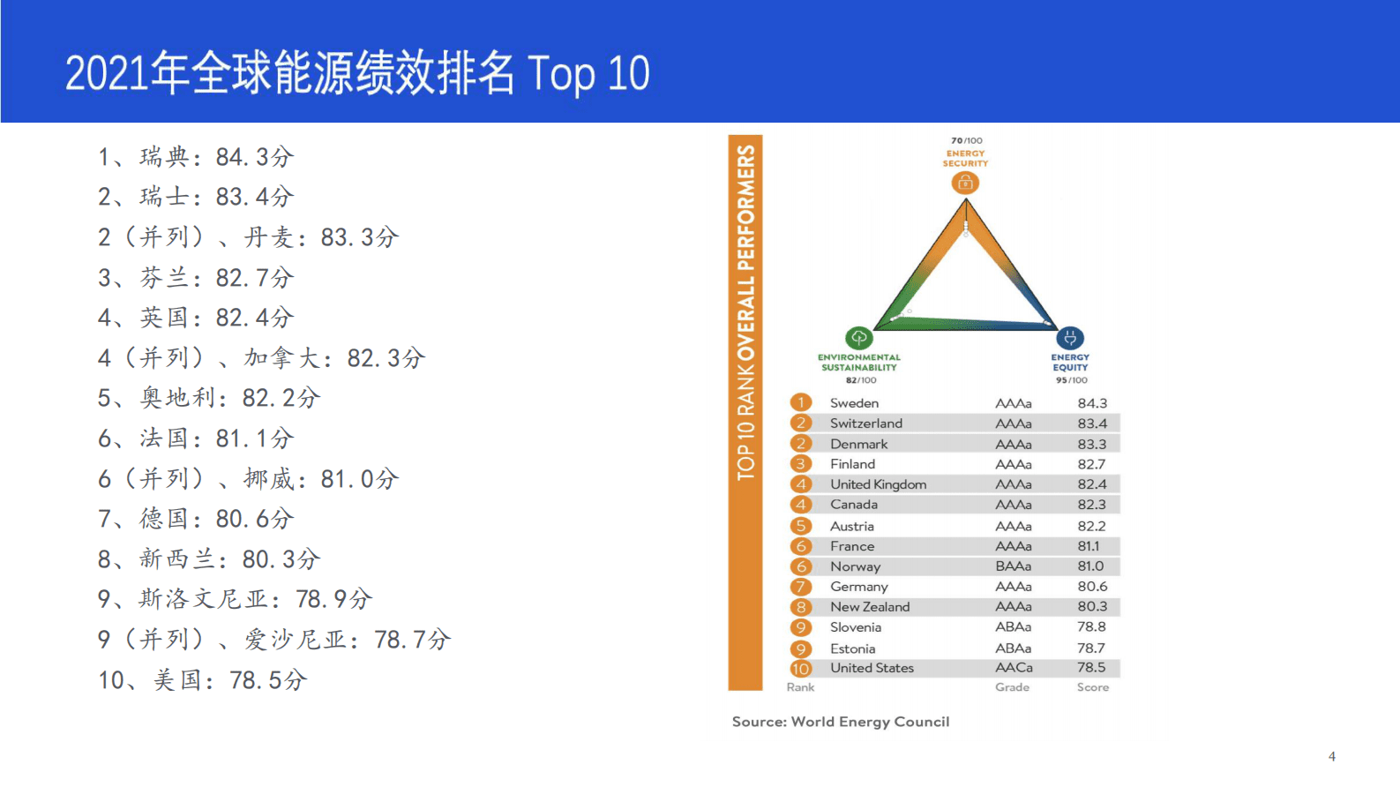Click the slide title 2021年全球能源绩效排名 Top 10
click(357, 72)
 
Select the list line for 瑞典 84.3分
click(195, 157)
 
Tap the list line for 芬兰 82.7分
click(195, 278)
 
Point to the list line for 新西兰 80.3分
click(208, 559)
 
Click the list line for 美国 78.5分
click(202, 680)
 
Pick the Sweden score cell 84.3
click(1092, 403)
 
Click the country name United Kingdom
click(878, 484)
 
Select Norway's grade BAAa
click(1013, 566)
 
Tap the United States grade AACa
click(1014, 668)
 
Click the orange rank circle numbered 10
click(800, 669)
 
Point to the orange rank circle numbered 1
click(800, 403)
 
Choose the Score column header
click(1092, 687)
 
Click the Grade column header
click(1012, 687)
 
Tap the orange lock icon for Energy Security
click(965, 183)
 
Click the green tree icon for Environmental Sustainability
click(858, 338)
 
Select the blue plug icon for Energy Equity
click(1070, 338)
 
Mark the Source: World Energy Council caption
click(841, 722)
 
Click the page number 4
click(1331, 756)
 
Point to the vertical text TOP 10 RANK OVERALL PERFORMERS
click(745, 313)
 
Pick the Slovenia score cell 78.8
click(1091, 627)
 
